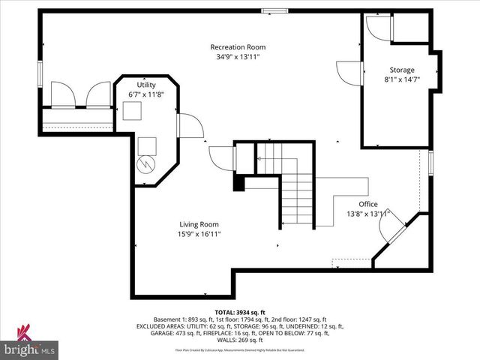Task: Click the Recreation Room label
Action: click(238, 47)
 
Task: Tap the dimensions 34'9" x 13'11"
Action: click(238, 57)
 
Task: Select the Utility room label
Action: click(145, 85)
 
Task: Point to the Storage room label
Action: click(401, 70)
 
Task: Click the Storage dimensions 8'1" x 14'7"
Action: click(401, 79)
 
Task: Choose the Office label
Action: click(367, 204)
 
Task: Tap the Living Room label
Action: click(199, 224)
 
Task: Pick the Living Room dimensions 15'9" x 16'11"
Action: click(199, 234)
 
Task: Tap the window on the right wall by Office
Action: click(430, 163)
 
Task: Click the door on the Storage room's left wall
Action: click(349, 73)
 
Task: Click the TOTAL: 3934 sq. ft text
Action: click(239, 311)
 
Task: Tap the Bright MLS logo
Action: click(30, 343)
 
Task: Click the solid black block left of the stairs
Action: click(239, 183)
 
